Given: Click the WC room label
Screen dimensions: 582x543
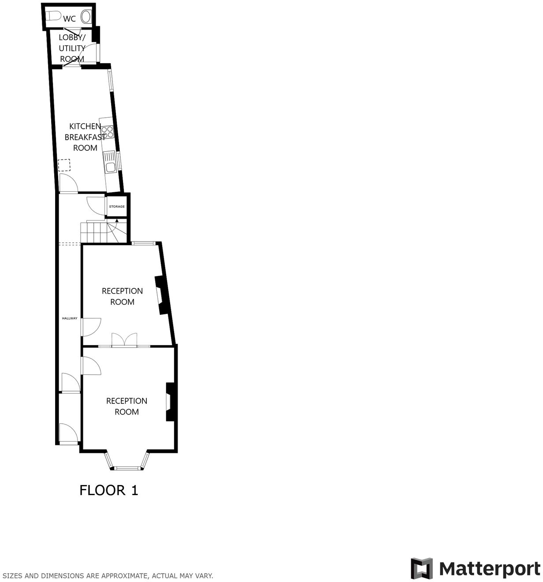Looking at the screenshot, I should pyautogui.click(x=70, y=19).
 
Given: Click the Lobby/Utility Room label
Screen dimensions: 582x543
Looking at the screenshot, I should pyautogui.click(x=72, y=48).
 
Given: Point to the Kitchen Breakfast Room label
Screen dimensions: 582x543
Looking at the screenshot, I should pyautogui.click(x=85, y=137).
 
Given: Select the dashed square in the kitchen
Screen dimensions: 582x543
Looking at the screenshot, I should pyautogui.click(x=64, y=165).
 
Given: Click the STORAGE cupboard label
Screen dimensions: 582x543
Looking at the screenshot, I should pyautogui.click(x=117, y=206).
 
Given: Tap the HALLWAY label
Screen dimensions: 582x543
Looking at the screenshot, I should pyautogui.click(x=70, y=318).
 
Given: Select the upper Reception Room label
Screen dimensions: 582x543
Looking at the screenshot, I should pyautogui.click(x=122, y=296).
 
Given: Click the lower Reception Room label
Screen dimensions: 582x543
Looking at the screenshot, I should pyautogui.click(x=126, y=406).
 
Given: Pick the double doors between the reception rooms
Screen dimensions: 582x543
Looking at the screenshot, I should pyautogui.click(x=124, y=341).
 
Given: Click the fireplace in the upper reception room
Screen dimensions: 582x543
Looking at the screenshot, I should pyautogui.click(x=161, y=295).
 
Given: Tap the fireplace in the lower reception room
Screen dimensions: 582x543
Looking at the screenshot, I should pyautogui.click(x=170, y=401).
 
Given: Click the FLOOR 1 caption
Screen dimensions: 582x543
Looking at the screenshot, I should pyautogui.click(x=109, y=490).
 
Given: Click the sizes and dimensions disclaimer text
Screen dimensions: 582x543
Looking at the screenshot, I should pyautogui.click(x=108, y=575).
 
